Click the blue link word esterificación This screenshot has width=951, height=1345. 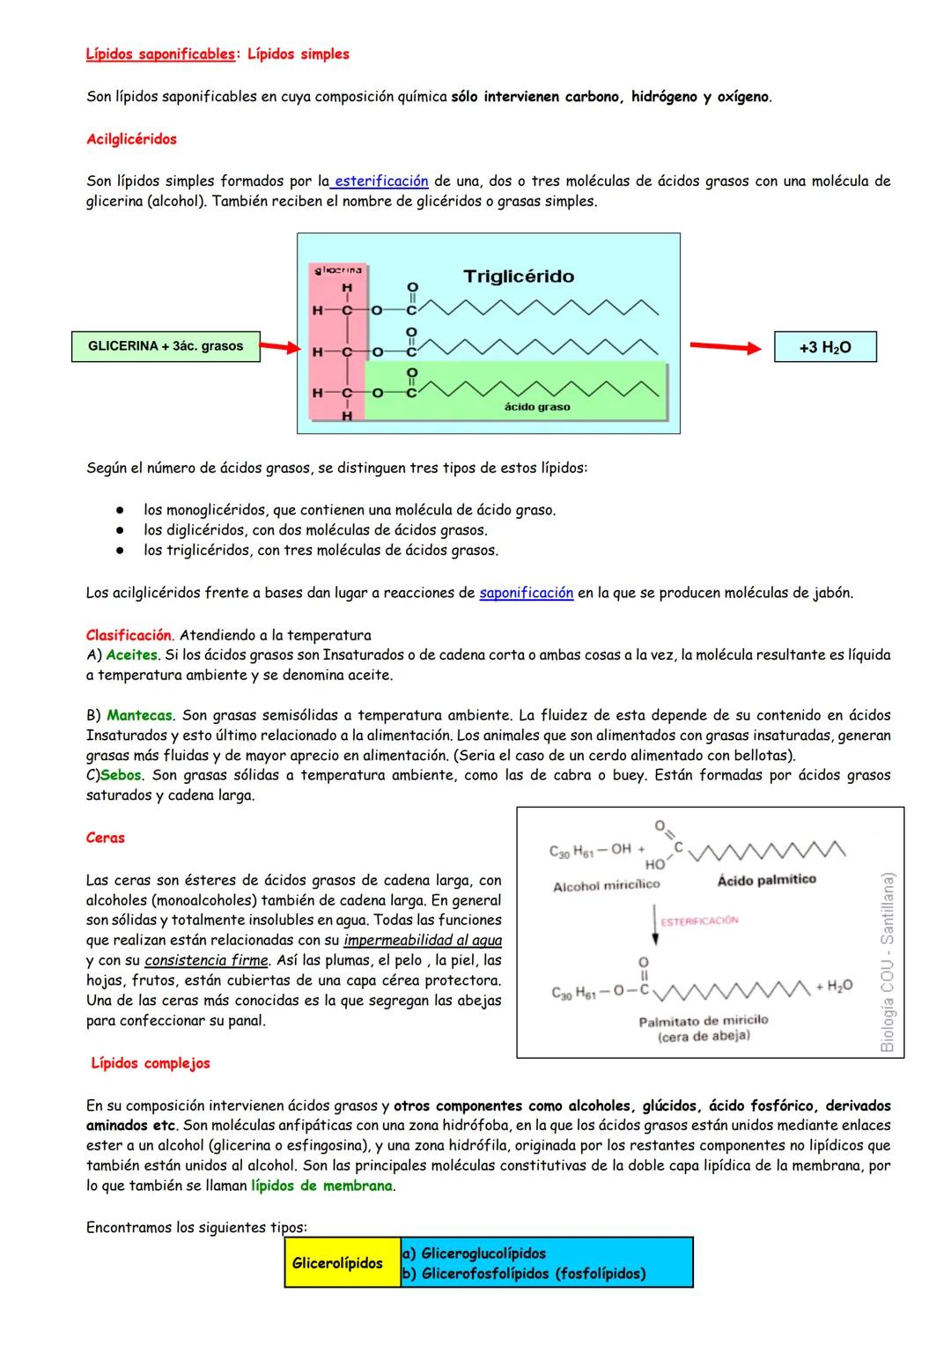[x=381, y=181]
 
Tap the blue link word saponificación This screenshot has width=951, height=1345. [x=526, y=593]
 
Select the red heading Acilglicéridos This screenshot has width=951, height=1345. [x=131, y=139]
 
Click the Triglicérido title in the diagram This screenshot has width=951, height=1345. [x=519, y=277]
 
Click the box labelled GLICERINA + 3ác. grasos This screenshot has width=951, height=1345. [x=166, y=346]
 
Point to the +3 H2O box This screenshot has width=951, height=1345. [x=825, y=347]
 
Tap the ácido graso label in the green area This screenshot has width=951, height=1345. [x=537, y=407]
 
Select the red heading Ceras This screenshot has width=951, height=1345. [x=106, y=838]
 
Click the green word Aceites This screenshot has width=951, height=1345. [x=131, y=655]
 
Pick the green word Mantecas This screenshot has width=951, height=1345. [x=140, y=715]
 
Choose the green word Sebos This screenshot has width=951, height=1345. [x=122, y=775]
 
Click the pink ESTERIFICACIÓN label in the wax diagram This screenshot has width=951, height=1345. [x=699, y=920]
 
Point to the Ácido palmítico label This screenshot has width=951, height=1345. [x=766, y=879]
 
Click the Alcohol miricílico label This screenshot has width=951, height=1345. [x=606, y=885]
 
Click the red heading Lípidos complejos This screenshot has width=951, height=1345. [x=151, y=1063]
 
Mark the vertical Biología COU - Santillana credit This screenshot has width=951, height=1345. [x=887, y=962]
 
